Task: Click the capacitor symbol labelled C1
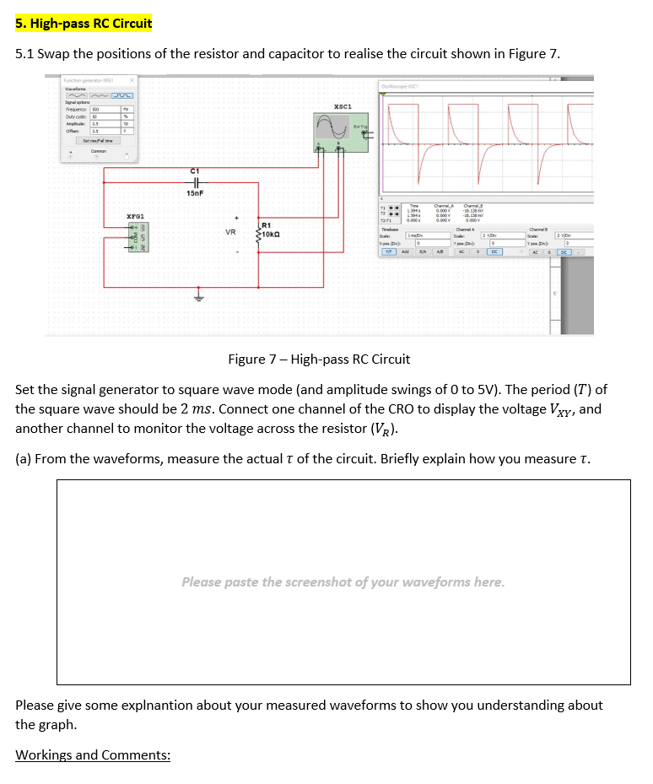click(195, 181)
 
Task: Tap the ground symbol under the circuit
click(199, 297)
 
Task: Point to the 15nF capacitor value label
click(195, 193)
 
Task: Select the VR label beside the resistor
click(230, 230)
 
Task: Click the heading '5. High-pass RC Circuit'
click(84, 23)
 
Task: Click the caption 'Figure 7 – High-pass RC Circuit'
click(319, 360)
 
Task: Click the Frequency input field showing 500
click(105, 110)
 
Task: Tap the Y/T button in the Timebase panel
click(390, 251)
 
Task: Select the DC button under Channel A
click(495, 251)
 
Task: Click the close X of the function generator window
click(132, 79)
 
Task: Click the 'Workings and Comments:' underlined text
click(93, 754)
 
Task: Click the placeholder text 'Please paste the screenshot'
click(343, 581)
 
